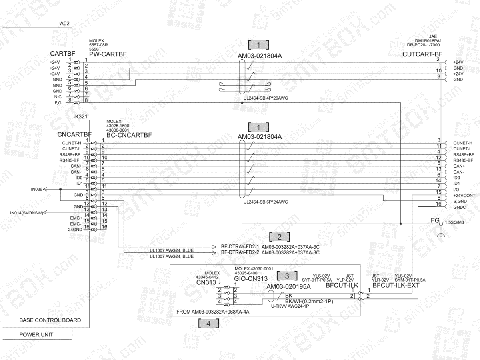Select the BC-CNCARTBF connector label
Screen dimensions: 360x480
129,135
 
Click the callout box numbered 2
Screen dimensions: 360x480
279,236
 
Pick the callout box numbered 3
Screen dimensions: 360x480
287,275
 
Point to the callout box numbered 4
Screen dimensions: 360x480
208,324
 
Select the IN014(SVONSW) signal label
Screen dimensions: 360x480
26,212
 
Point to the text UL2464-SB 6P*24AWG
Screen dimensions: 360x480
266,202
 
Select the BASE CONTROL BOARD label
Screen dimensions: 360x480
50,320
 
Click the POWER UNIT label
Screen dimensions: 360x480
36,334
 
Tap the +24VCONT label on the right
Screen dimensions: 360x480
464,195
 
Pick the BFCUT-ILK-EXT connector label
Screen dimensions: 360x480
396,286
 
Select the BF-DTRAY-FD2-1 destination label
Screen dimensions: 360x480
240,247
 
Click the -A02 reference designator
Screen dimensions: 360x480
64,24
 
